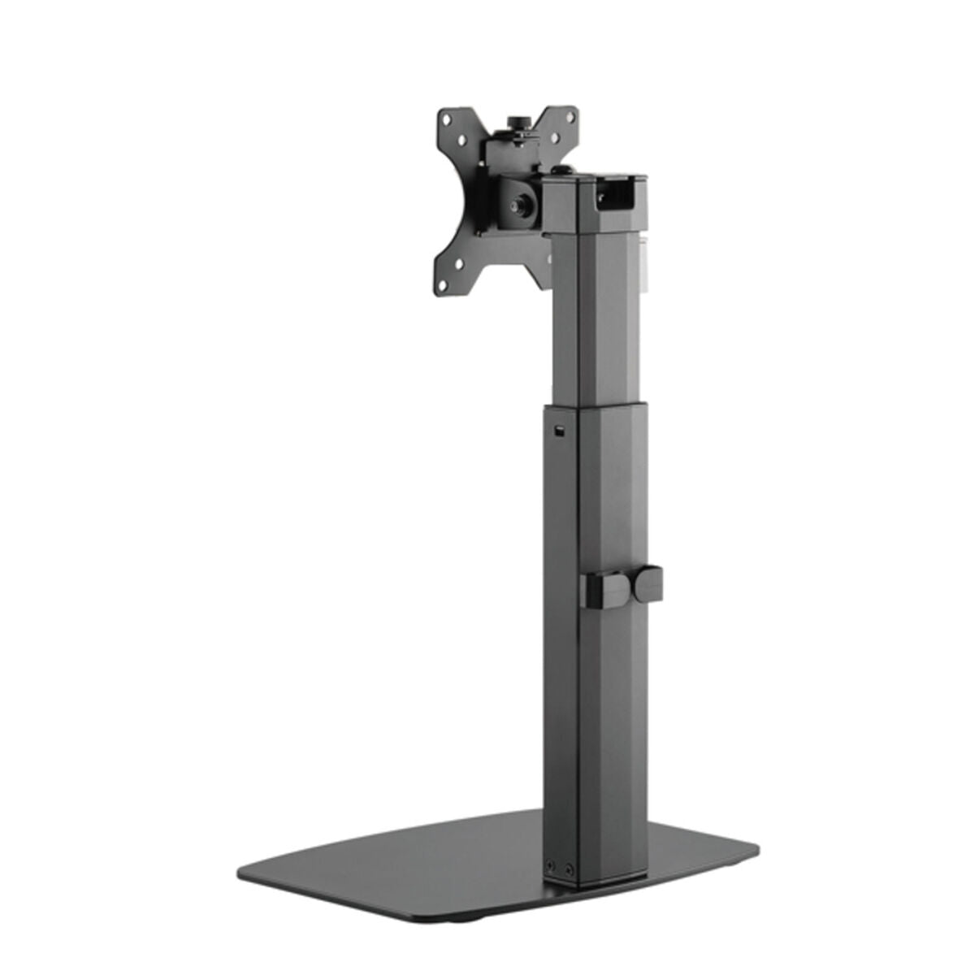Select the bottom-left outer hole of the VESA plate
tap(444, 286)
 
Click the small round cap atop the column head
tap(560, 170)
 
